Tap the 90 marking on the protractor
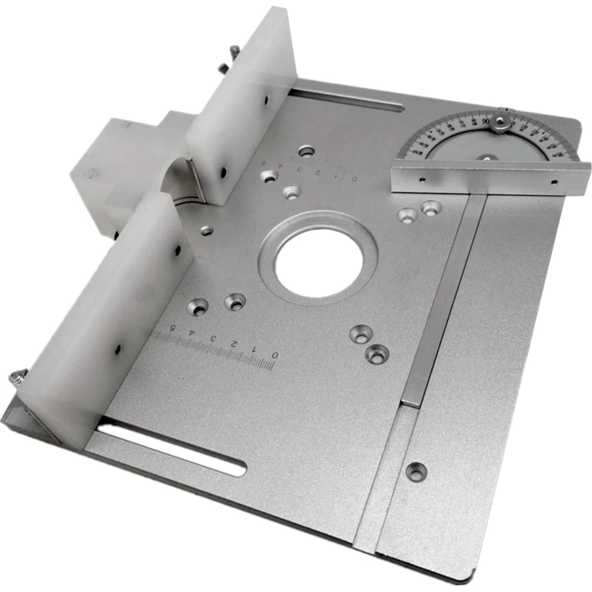[x=486, y=122]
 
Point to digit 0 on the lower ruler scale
[x=274, y=355]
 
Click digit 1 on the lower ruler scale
[x=254, y=349]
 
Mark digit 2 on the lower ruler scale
[x=234, y=344]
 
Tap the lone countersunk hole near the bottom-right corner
[x=416, y=471]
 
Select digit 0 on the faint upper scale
[x=354, y=178]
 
